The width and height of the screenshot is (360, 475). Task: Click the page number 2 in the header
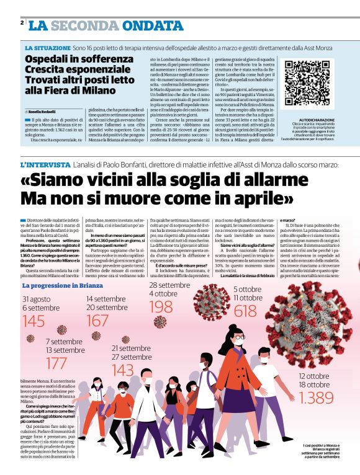tap(22, 22)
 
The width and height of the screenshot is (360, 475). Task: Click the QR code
tap(307, 82)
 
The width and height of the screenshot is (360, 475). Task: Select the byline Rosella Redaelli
tap(42, 112)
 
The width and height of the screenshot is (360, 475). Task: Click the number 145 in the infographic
tap(34, 321)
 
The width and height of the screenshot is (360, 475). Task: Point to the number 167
tap(97, 321)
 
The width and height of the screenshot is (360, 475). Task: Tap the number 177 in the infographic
tap(56, 363)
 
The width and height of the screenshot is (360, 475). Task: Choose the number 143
tap(123, 370)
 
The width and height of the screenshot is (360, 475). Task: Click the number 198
tap(161, 306)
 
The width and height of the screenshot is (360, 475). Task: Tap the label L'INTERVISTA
tap(45, 165)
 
